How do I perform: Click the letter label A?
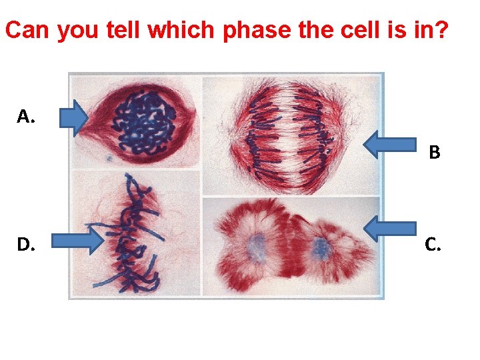click(x=26, y=117)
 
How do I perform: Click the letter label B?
click(x=435, y=153)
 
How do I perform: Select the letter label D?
click(x=27, y=245)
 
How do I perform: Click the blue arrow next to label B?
click(x=391, y=145)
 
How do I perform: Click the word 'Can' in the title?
click(x=28, y=30)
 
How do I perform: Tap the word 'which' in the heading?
click(x=179, y=30)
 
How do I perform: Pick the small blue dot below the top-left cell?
click(x=108, y=159)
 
